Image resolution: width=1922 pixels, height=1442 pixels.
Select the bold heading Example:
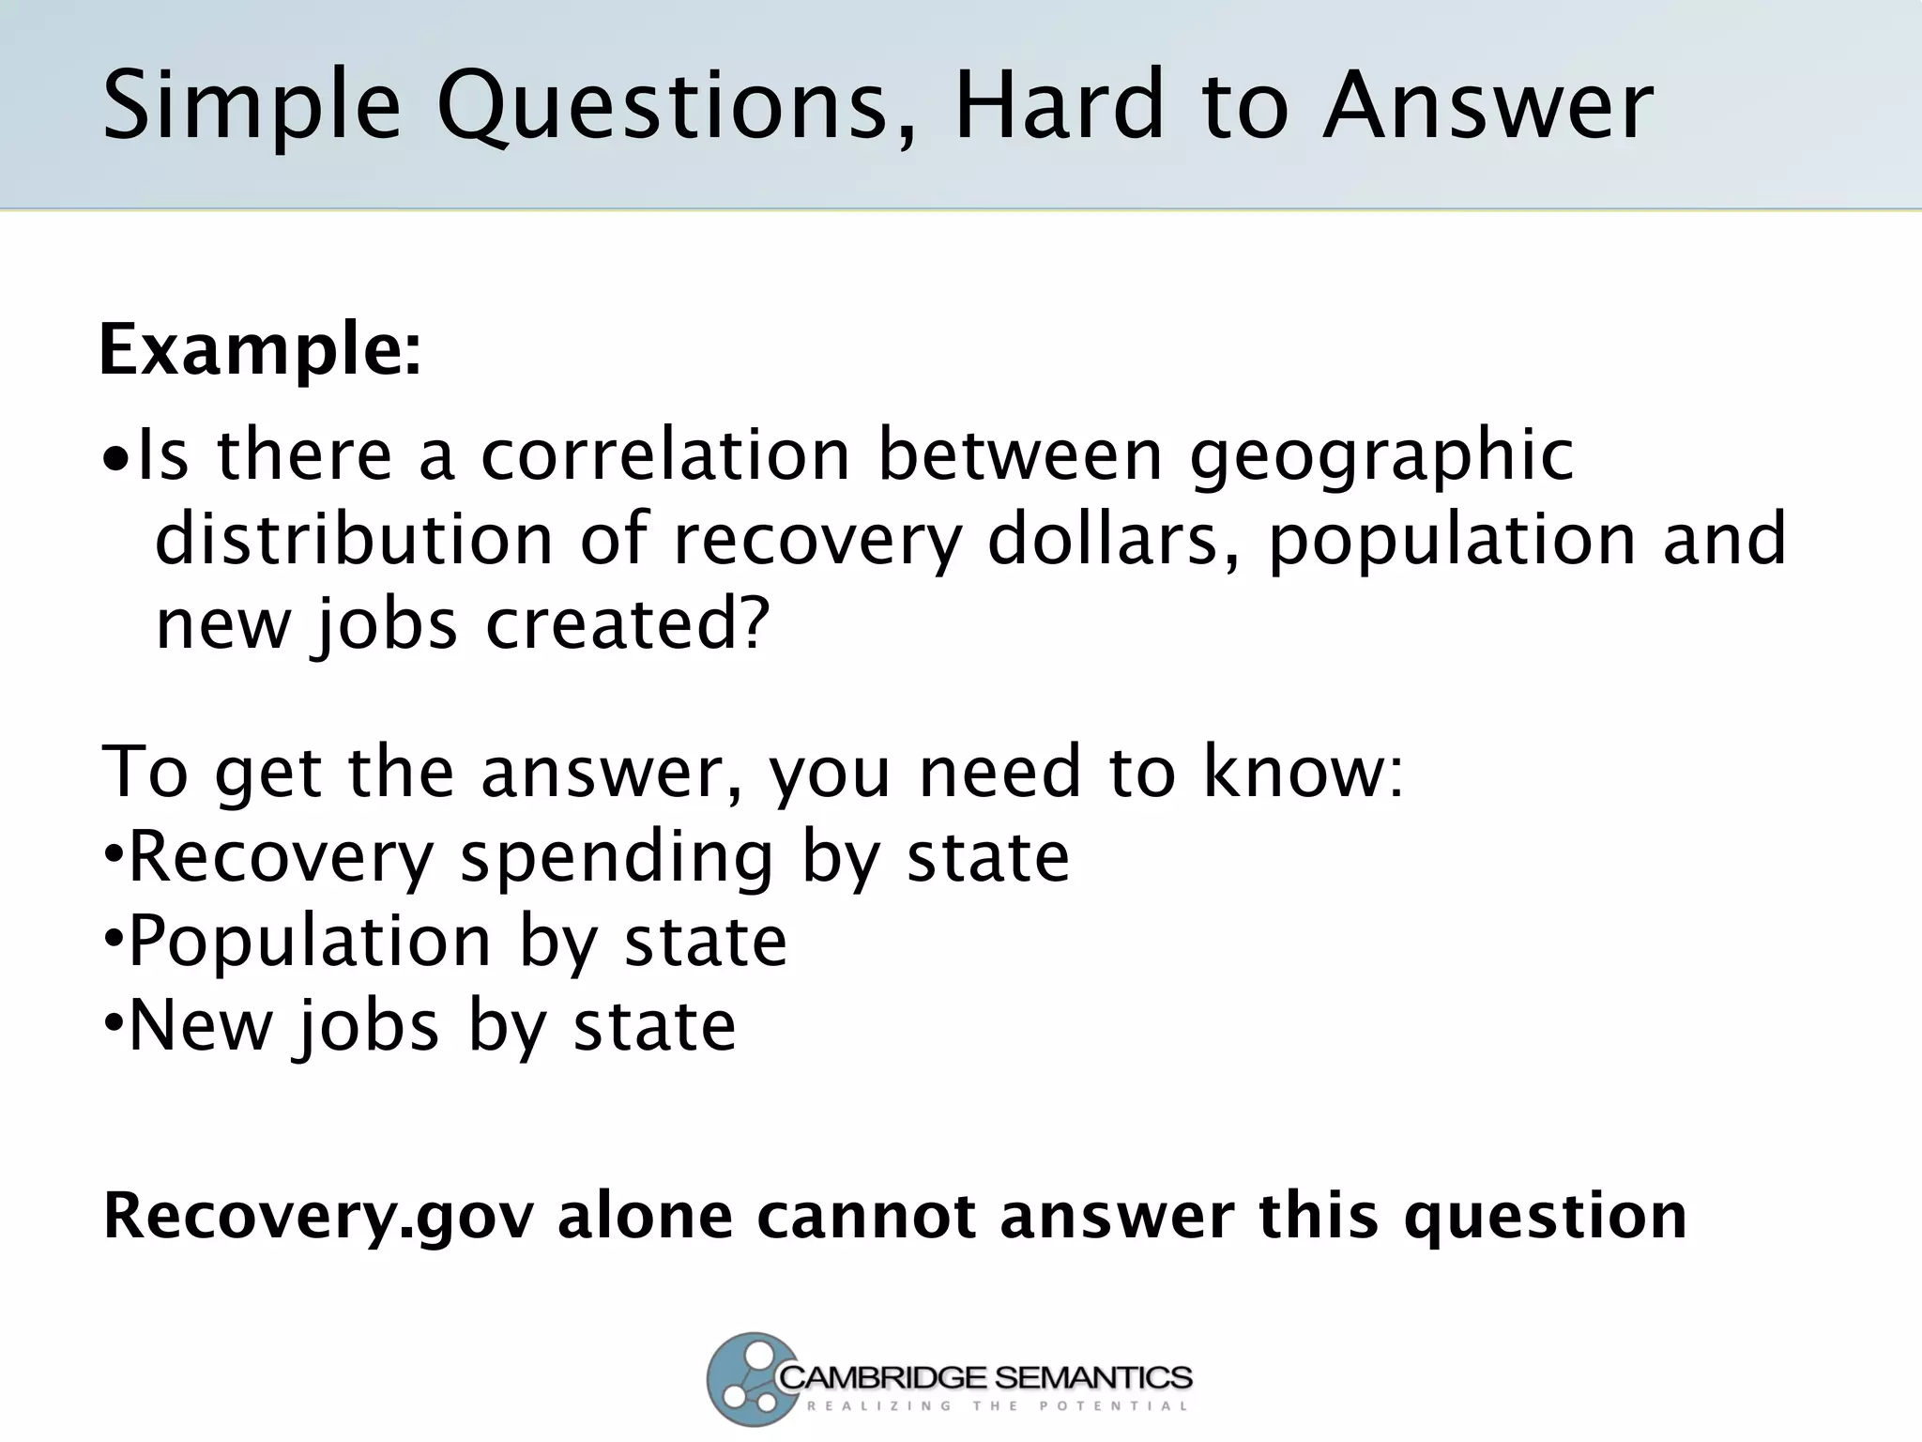pyautogui.click(x=260, y=349)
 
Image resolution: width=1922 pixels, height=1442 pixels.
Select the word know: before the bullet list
pyautogui.click(x=1304, y=771)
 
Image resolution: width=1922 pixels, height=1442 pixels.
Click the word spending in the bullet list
pyautogui.click(x=618, y=857)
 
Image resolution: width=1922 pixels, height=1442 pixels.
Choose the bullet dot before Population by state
pyautogui.click(x=113, y=938)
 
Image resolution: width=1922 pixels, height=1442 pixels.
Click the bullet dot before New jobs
pyautogui.click(x=113, y=1022)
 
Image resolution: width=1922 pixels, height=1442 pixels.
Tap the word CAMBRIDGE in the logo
pyautogui.click(x=883, y=1378)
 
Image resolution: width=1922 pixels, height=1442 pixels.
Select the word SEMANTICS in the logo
pyautogui.click(x=1092, y=1378)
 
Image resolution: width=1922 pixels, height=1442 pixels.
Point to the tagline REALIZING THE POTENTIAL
pyautogui.click(x=997, y=1406)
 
